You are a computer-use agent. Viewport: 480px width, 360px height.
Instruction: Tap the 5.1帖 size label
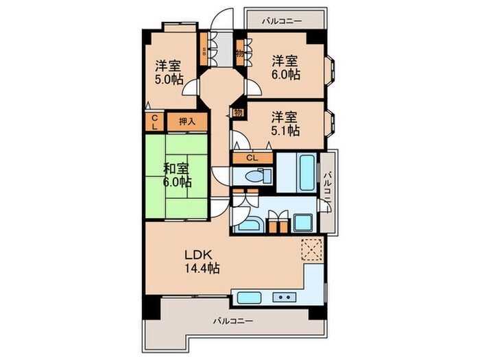(x=285, y=130)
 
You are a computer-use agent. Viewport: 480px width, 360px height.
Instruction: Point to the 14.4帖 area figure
(x=202, y=269)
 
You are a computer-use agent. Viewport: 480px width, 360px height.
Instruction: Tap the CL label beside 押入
(x=154, y=123)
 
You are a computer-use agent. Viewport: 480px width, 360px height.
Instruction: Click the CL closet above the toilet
(x=252, y=158)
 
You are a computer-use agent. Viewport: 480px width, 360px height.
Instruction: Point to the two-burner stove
(x=284, y=298)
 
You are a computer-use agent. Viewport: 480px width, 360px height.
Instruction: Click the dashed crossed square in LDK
(x=311, y=248)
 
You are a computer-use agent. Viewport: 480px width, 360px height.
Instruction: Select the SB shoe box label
(x=204, y=51)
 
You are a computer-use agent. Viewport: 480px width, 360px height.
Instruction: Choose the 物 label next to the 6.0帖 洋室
(x=239, y=53)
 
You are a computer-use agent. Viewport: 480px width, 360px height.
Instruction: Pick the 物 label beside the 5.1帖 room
(x=238, y=112)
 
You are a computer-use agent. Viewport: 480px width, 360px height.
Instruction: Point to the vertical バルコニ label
(x=328, y=190)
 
